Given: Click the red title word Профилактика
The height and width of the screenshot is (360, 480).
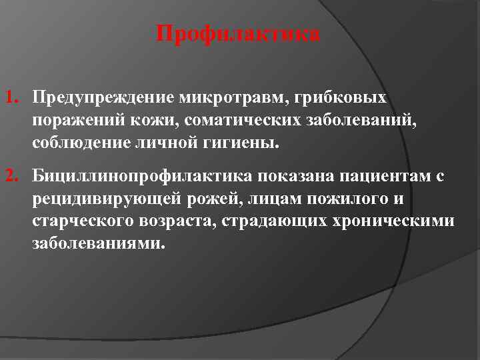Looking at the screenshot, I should pos(238,34).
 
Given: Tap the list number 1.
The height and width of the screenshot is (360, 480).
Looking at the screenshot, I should pos(11,99).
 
